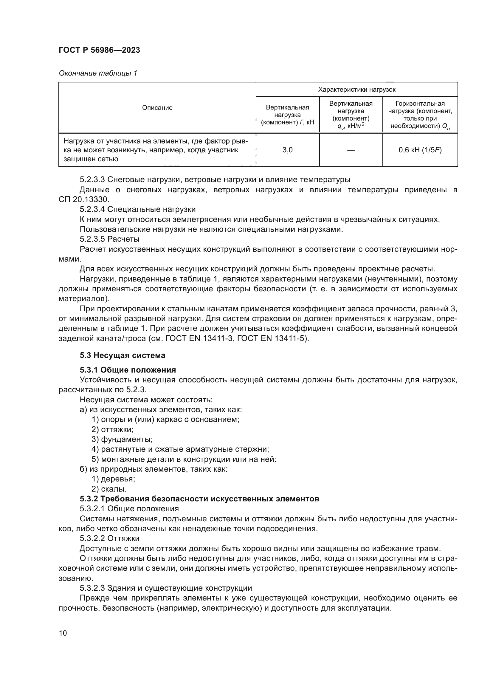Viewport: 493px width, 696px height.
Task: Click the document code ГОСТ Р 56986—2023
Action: [x=99, y=50]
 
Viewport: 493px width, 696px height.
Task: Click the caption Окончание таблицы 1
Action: [x=98, y=73]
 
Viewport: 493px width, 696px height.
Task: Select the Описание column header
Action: [x=157, y=108]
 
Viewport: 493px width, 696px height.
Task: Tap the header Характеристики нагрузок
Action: [x=357, y=90]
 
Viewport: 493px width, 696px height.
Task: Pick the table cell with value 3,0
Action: [x=287, y=150]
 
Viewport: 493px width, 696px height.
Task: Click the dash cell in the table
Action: [x=351, y=150]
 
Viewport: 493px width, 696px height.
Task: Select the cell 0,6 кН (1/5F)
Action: [x=420, y=150]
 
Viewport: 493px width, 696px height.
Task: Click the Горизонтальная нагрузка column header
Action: [x=420, y=115]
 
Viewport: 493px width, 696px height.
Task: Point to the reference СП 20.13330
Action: [x=83, y=199]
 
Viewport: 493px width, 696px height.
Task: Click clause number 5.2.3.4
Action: [x=92, y=209]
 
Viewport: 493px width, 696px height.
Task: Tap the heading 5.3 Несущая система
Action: [x=123, y=355]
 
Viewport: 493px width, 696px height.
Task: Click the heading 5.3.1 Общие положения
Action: [x=128, y=370]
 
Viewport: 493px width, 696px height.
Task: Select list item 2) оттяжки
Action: [x=113, y=430]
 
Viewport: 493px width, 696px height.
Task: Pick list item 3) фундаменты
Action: [x=122, y=439]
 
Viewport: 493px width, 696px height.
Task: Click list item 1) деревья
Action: [x=113, y=479]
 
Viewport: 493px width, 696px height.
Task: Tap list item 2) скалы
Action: [x=109, y=489]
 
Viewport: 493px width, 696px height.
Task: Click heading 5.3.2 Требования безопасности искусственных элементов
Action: [x=199, y=499]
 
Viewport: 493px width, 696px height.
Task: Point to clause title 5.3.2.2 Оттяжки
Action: [x=110, y=538]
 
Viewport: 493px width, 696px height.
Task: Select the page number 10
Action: [x=63, y=633]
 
